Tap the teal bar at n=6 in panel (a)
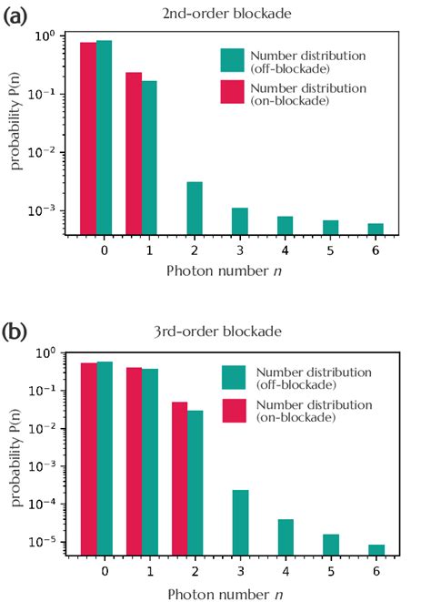coord(376,229)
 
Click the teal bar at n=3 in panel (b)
coord(240,521)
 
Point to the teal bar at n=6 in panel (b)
coord(376,548)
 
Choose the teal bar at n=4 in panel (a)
coord(285,225)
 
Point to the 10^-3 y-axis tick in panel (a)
coord(44,210)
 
